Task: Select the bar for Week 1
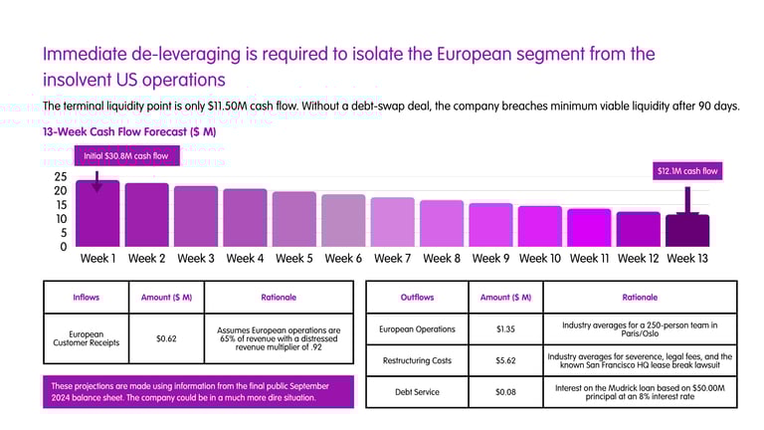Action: coord(97,214)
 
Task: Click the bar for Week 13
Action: coord(687,230)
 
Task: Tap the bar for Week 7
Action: coord(392,222)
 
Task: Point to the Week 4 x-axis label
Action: coord(245,259)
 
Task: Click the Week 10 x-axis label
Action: coord(540,259)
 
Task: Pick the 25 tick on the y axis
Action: coord(60,177)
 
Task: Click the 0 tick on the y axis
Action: coord(63,246)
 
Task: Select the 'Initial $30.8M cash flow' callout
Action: coord(125,155)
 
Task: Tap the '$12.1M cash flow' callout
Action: coord(686,171)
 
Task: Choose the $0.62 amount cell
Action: coord(167,338)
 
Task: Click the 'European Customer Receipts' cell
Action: coord(87,338)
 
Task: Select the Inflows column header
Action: coord(87,297)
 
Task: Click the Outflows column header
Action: coord(417,297)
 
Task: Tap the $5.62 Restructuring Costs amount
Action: coord(505,360)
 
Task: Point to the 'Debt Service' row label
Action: coord(417,391)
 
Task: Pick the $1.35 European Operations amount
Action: coord(505,329)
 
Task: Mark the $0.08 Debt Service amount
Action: coord(505,391)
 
